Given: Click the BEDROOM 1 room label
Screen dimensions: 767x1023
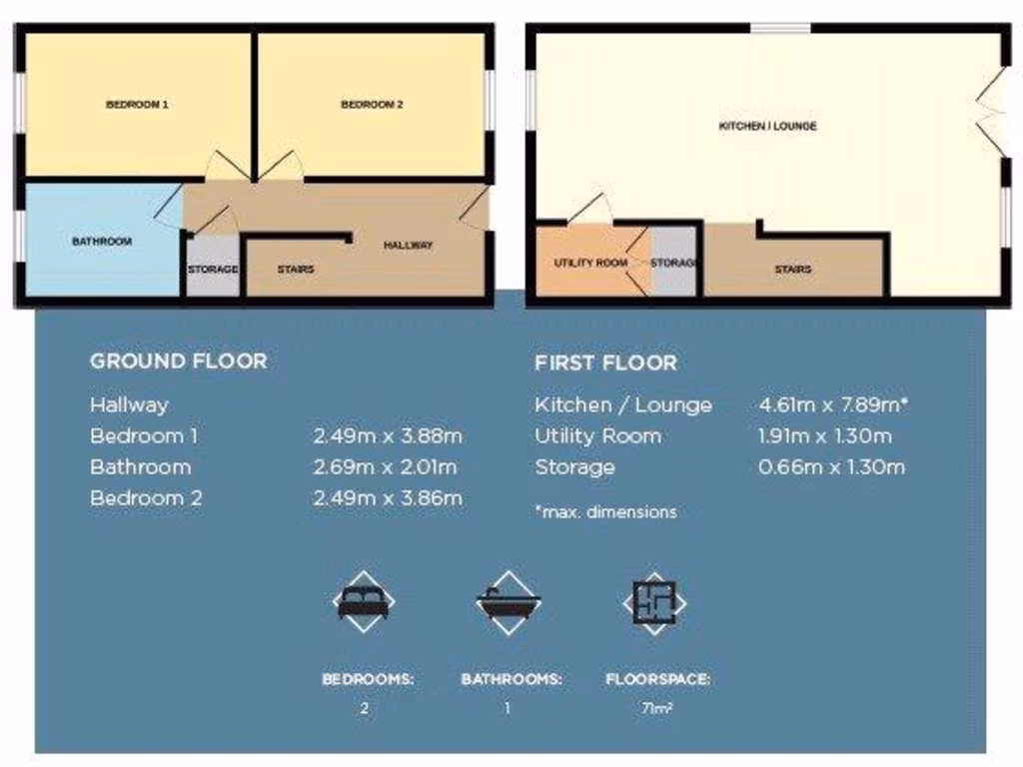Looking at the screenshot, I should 137,104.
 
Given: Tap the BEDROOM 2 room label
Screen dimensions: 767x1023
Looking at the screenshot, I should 372,104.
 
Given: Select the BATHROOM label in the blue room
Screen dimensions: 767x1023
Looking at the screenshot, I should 102,241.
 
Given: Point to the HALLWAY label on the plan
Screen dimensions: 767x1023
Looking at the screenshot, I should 409,245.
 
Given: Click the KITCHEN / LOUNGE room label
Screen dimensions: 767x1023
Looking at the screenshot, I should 767,126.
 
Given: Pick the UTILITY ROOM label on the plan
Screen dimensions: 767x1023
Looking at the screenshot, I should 591,263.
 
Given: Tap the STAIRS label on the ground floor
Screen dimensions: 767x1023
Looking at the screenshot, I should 296,269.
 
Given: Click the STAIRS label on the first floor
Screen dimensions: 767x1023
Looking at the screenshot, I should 793,269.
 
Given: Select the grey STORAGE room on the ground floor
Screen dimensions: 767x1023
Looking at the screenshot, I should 213,268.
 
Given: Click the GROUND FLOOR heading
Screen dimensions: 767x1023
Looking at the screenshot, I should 179,361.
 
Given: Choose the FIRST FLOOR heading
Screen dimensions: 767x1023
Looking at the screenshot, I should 605,363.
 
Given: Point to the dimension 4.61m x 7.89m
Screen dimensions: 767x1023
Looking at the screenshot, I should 833,404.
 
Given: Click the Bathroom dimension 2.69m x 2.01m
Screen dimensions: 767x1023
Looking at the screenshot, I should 388,466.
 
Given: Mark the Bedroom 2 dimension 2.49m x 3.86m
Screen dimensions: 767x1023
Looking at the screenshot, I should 388,497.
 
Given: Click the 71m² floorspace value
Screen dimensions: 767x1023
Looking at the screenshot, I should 655,709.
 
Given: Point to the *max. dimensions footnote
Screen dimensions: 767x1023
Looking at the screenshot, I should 605,511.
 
